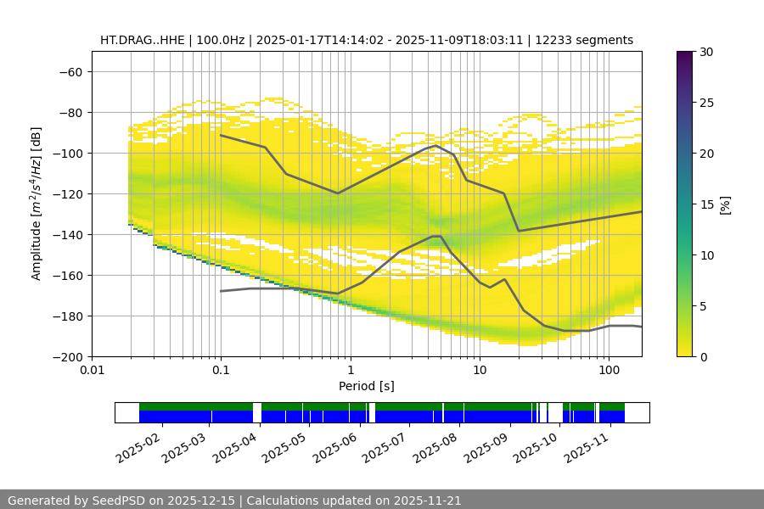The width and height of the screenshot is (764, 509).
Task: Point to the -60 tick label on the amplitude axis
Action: tap(70, 71)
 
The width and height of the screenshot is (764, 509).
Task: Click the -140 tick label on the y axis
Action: tap(66, 234)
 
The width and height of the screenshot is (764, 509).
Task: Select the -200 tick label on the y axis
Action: tap(66, 356)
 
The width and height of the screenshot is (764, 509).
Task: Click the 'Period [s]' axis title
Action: tap(367, 386)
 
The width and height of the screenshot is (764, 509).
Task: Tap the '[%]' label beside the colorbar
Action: tap(725, 204)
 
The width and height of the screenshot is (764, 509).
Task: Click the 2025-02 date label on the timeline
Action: tap(138, 445)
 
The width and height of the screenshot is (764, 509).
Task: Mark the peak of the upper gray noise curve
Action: tap(436, 145)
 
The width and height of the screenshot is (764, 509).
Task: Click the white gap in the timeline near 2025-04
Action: tap(257, 412)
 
